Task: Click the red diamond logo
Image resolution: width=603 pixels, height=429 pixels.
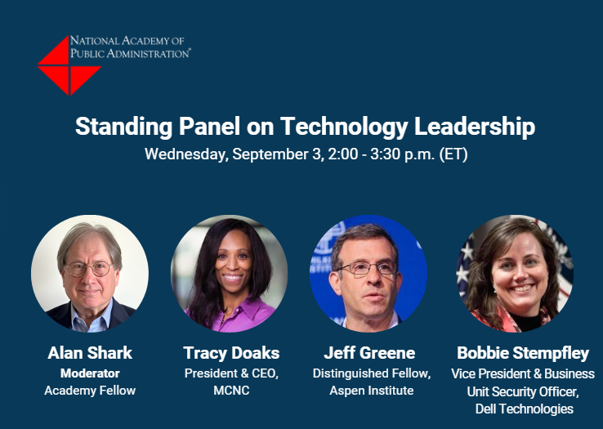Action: (x=69, y=65)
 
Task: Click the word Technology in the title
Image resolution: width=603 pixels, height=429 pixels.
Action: (x=344, y=127)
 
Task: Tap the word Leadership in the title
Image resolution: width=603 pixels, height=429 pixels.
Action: (x=475, y=127)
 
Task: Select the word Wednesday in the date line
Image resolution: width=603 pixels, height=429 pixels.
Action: (x=186, y=154)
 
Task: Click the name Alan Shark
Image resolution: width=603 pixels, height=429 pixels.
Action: (x=90, y=353)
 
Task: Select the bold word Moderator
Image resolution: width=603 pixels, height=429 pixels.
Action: (x=90, y=373)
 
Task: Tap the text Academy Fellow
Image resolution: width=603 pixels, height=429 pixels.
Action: (x=90, y=391)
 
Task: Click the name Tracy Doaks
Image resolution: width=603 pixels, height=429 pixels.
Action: (x=231, y=353)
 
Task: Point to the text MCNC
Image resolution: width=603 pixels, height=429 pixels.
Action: (x=231, y=391)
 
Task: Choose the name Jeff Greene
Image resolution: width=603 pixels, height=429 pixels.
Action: (x=369, y=353)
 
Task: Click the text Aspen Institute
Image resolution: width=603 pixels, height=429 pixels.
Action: (x=372, y=391)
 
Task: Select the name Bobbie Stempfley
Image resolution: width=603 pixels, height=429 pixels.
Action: (x=523, y=353)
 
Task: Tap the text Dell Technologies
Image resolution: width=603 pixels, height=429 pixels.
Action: (x=525, y=409)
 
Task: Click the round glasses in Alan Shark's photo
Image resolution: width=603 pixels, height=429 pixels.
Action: (x=89, y=269)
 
